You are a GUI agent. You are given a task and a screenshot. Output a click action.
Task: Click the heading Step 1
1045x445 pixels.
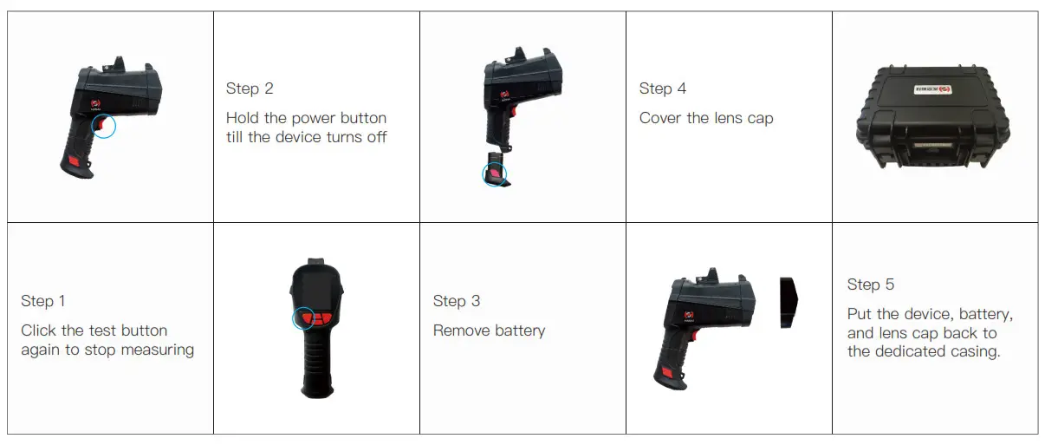coord(43,301)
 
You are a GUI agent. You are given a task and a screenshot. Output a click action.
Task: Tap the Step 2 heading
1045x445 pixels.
coord(250,88)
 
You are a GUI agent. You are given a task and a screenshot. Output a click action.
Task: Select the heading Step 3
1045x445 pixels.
coord(457,301)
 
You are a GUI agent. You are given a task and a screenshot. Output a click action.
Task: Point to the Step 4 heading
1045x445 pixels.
coord(663,88)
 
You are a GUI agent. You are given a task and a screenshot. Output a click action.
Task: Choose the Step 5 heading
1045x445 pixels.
coord(871,285)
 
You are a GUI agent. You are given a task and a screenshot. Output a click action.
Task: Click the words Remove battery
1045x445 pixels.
coord(489,330)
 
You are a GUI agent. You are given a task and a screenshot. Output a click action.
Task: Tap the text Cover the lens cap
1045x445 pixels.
coord(706,118)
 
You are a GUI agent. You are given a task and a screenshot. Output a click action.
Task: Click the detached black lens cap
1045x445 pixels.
coord(788,303)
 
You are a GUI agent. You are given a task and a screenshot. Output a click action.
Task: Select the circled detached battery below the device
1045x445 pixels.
coord(494,174)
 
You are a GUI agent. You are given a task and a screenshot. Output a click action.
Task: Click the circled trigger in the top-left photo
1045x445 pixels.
coord(104,128)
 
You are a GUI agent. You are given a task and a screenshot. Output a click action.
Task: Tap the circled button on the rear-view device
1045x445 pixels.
coord(304,317)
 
